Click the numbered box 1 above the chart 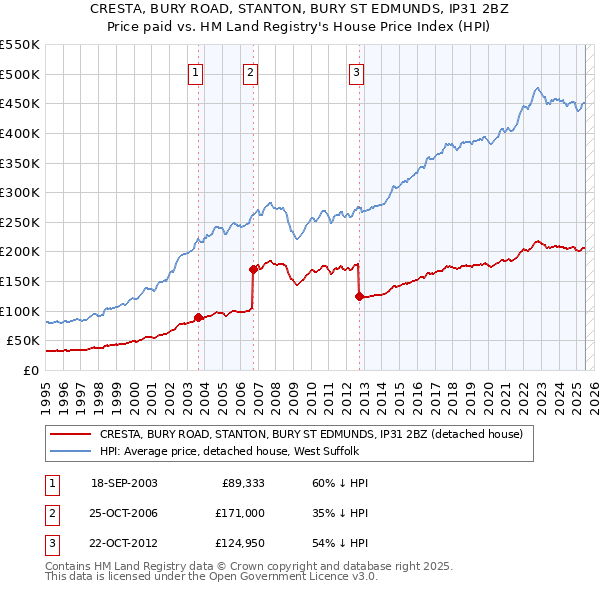tap(195, 71)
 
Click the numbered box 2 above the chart tap(249, 71)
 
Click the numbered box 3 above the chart tap(356, 71)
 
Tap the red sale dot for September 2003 tap(198, 317)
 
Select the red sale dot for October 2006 tap(253, 268)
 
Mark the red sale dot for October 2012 tap(359, 296)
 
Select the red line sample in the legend tap(70, 435)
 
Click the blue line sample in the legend tap(70, 452)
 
